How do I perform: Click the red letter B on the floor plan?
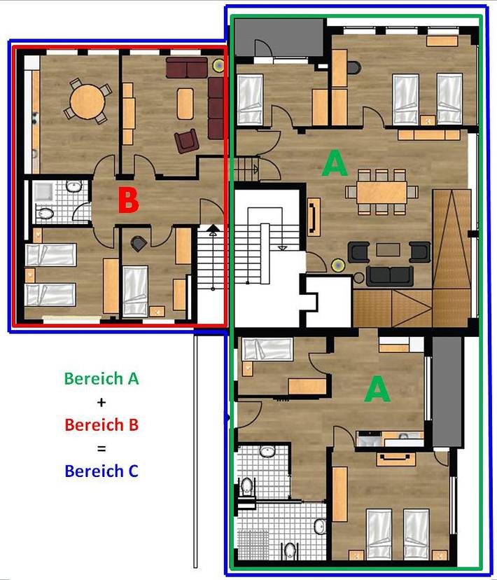click(x=128, y=201)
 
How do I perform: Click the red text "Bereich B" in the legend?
click(x=101, y=424)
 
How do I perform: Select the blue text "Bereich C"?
click(x=101, y=471)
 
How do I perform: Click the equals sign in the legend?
click(x=101, y=448)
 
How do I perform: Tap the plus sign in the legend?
click(x=101, y=402)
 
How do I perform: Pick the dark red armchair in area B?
click(x=187, y=141)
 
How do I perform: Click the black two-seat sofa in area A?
click(x=389, y=276)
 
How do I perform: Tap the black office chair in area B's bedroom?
click(x=138, y=243)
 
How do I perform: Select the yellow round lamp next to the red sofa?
click(x=218, y=65)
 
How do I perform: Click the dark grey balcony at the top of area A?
click(x=279, y=38)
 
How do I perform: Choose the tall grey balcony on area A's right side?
click(x=447, y=392)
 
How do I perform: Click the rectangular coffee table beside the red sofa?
click(x=185, y=103)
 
